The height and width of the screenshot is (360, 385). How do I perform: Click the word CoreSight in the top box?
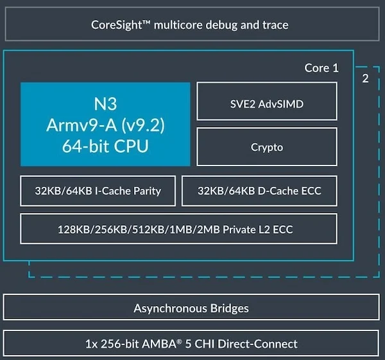(116, 25)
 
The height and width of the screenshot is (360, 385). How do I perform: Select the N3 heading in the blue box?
(105, 104)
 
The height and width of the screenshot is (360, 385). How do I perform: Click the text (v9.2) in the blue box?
(143, 125)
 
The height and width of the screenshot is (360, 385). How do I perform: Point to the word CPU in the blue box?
(131, 146)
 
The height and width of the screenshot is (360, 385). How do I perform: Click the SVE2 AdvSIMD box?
(267, 101)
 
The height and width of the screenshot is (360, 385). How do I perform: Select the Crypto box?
(267, 147)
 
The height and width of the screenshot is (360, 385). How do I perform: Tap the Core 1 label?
(321, 68)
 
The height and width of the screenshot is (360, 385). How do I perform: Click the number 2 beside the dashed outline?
(365, 78)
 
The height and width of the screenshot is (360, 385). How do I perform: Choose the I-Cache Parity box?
(98, 191)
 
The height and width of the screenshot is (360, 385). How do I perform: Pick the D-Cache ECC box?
(259, 191)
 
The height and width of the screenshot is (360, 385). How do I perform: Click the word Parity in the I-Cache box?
(147, 191)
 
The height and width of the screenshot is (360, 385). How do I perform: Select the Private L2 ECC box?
(179, 228)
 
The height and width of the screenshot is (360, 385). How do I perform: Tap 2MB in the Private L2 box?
(209, 230)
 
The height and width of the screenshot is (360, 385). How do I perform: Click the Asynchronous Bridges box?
(191, 307)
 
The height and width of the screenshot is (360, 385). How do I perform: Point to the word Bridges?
(230, 309)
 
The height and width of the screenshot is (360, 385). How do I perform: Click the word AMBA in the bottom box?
(159, 344)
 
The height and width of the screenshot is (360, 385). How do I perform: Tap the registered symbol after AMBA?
(179, 341)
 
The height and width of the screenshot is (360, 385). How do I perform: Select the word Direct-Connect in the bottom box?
(257, 344)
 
